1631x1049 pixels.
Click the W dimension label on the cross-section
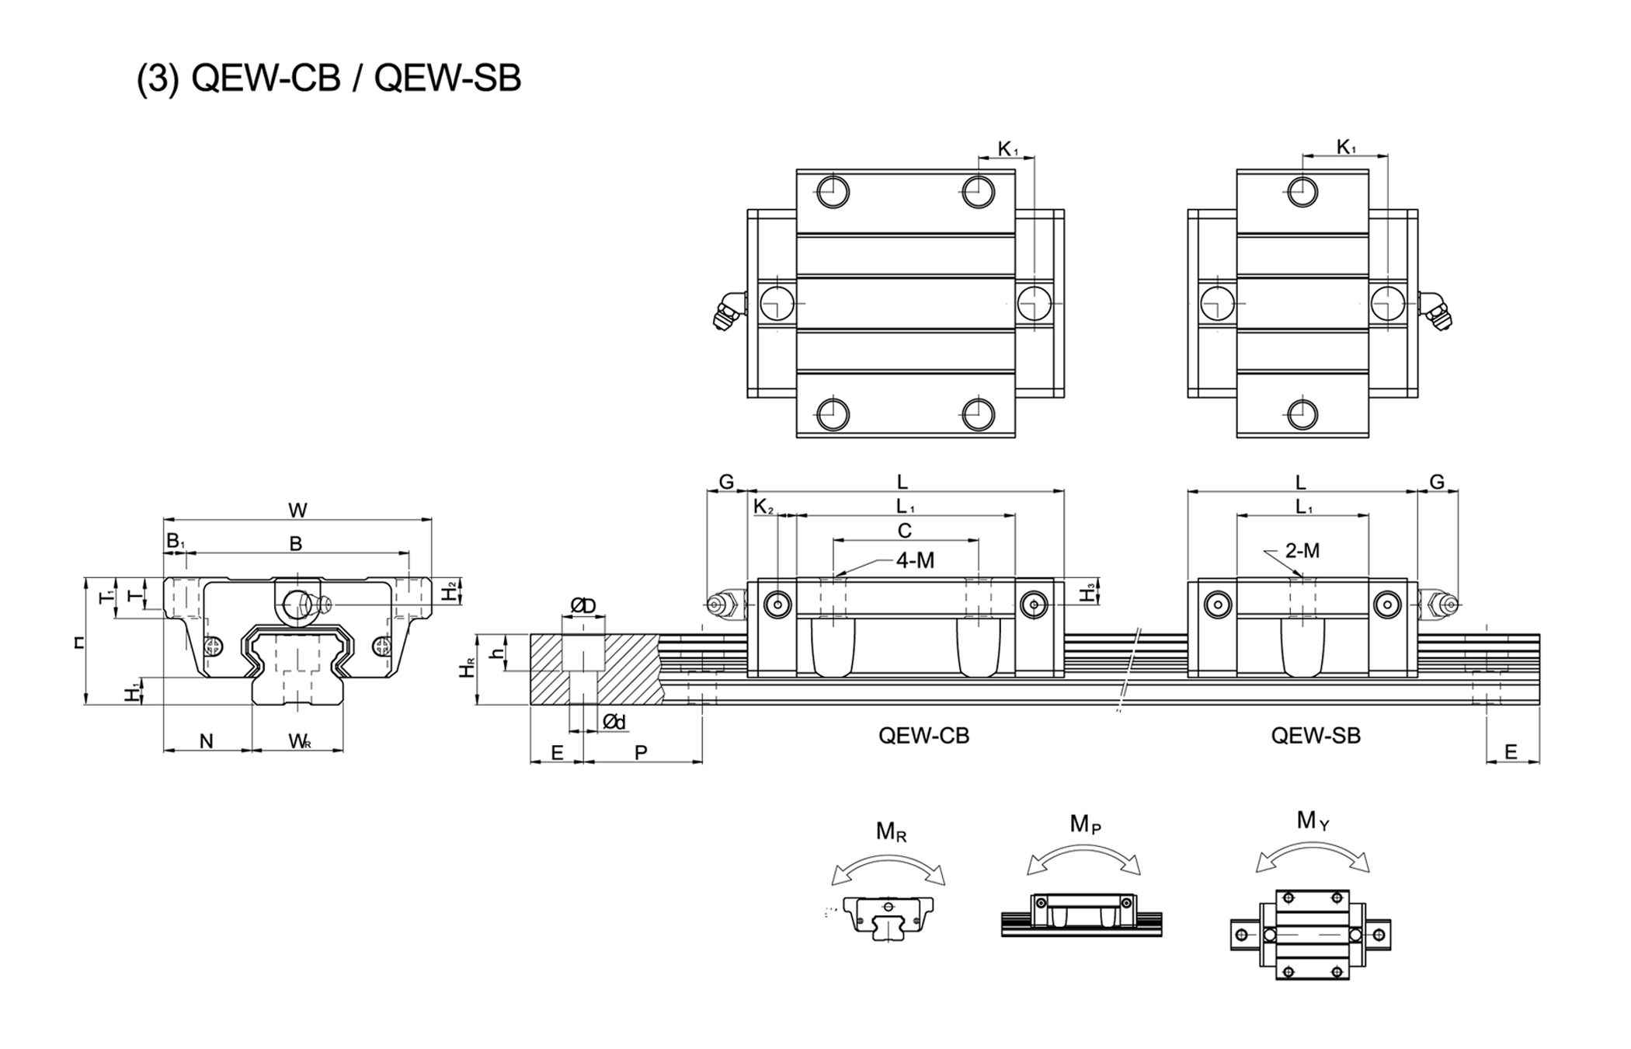[297, 511]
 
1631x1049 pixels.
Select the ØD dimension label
[582, 605]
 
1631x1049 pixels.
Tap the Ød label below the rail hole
[614, 723]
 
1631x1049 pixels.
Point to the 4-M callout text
[915, 560]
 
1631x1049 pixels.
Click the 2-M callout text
[1302, 551]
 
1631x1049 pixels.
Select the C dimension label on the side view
[904, 531]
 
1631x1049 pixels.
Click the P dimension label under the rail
[641, 752]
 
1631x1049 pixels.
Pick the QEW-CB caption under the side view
[923, 735]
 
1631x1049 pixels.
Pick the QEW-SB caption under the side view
[1316, 735]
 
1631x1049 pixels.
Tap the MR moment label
[891, 831]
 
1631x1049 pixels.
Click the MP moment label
[1085, 824]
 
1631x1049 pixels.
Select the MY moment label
[1313, 821]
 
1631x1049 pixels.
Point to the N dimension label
[206, 741]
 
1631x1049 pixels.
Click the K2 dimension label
[763, 507]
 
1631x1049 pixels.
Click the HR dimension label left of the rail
[467, 668]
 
